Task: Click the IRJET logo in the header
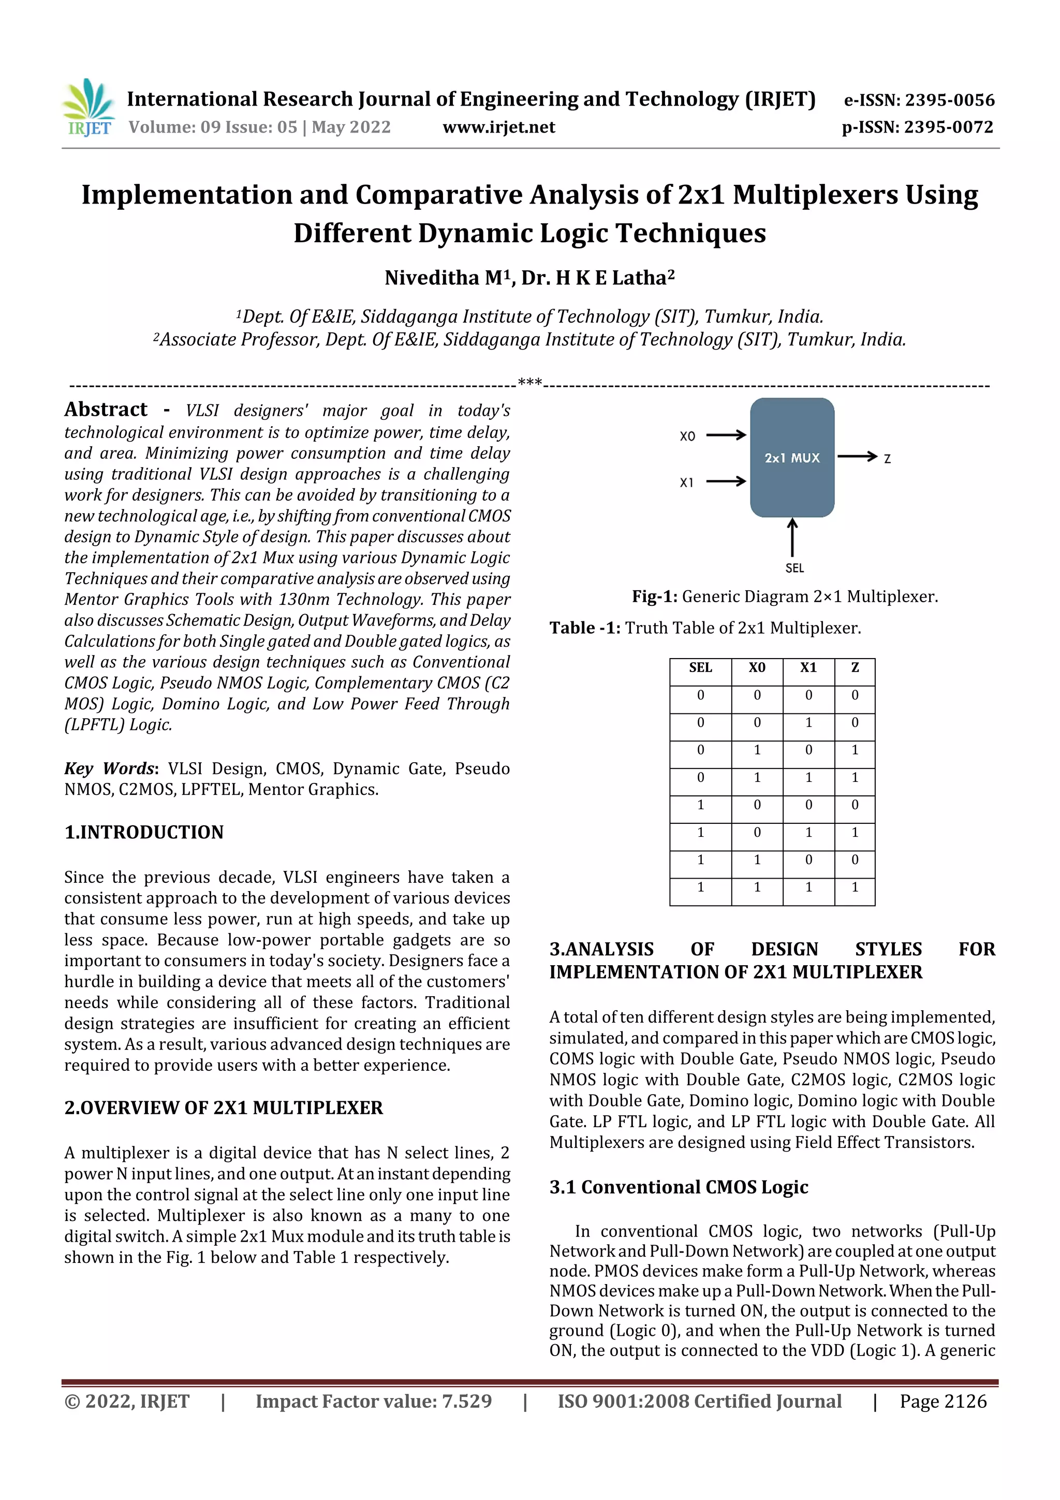coord(90,108)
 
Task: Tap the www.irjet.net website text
coord(499,127)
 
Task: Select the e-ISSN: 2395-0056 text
coord(919,100)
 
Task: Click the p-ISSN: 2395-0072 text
coord(917,127)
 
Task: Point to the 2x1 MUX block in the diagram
coord(791,457)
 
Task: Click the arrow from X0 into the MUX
coord(726,435)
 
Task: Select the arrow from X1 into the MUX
coord(726,482)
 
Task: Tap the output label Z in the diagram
coord(887,459)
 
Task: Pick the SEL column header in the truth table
coord(700,668)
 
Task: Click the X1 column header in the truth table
coord(808,668)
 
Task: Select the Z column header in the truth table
coord(855,668)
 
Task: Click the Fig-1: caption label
coord(654,596)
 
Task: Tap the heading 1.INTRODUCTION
coord(144,832)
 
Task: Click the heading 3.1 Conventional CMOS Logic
coord(679,1187)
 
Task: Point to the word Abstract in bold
coord(106,410)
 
